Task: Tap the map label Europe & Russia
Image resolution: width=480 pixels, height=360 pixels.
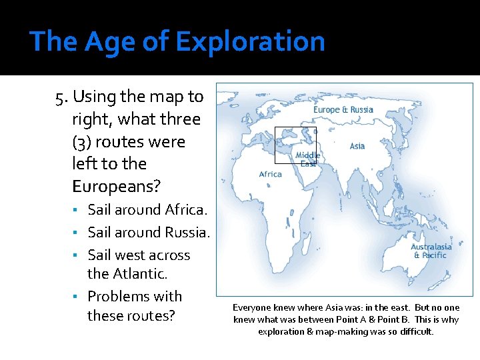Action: (343, 109)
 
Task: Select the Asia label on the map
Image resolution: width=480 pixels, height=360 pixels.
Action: (357, 146)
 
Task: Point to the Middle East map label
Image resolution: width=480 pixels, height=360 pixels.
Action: (308, 159)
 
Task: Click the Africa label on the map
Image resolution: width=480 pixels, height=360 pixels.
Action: (271, 174)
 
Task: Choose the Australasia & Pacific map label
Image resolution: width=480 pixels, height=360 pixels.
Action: (431, 251)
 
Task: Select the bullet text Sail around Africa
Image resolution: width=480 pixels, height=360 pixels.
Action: (148, 210)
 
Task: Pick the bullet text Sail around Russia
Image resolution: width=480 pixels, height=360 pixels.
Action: (149, 233)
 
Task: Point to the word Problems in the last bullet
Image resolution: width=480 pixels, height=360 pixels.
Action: (117, 296)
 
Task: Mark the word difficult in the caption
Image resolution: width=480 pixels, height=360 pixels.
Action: (415, 331)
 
